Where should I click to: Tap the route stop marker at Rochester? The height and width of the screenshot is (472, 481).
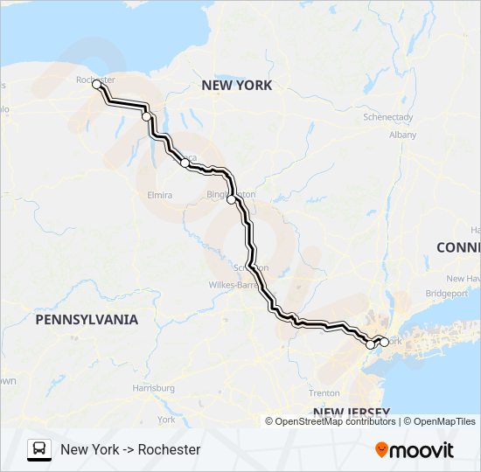pyautogui.click(x=96, y=85)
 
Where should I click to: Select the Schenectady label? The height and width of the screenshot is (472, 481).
pyautogui.click(x=388, y=116)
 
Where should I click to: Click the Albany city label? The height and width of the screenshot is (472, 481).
pyautogui.click(x=402, y=135)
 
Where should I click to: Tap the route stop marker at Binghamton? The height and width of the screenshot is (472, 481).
pyautogui.click(x=231, y=200)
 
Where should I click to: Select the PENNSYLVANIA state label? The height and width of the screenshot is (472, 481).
pyautogui.click(x=87, y=320)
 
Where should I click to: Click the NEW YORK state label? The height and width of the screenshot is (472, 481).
pyautogui.click(x=236, y=86)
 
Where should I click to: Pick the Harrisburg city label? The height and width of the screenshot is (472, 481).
pyautogui.click(x=153, y=387)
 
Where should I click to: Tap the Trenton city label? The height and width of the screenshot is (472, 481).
pyautogui.click(x=324, y=393)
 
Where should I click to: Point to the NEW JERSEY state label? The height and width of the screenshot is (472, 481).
pyautogui.click(x=351, y=412)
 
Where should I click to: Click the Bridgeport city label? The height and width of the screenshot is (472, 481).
pyautogui.click(x=447, y=293)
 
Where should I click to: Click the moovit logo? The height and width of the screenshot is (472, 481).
pyautogui.click(x=415, y=450)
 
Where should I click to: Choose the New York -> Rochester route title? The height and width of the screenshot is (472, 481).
pyautogui.click(x=130, y=450)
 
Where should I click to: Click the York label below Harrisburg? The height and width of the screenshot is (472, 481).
pyautogui.click(x=166, y=420)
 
